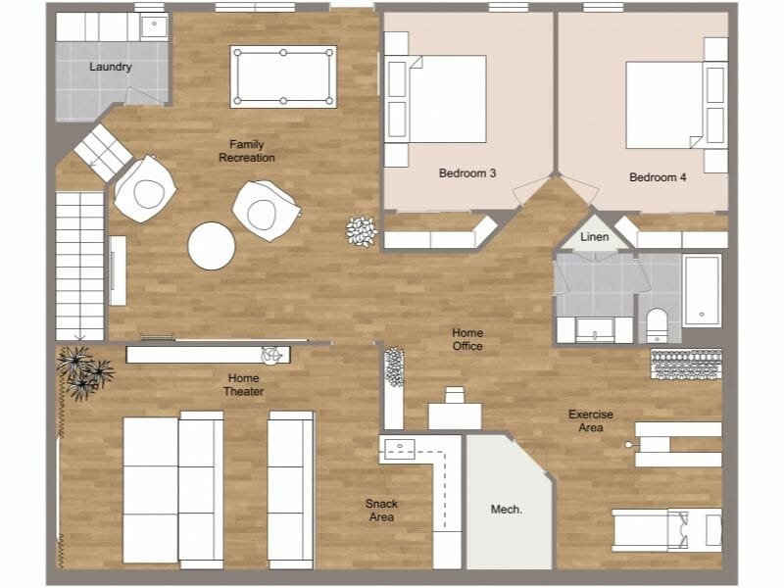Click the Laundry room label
pyautogui.click(x=110, y=67)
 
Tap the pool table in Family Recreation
pyautogui.click(x=282, y=76)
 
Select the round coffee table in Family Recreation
pyautogui.click(x=212, y=246)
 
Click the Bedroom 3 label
pyautogui.click(x=466, y=173)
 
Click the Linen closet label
pyautogui.click(x=594, y=237)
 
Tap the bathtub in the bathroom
pyautogui.click(x=702, y=289)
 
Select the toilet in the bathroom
pyautogui.click(x=657, y=324)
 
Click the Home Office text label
pyautogui.click(x=467, y=339)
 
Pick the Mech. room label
pyautogui.click(x=506, y=510)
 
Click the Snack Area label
pyautogui.click(x=381, y=510)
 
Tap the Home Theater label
pyautogui.click(x=244, y=385)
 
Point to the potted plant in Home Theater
pyautogui.click(x=84, y=371)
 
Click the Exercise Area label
pyautogui.click(x=591, y=420)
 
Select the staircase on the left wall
pyautogui.click(x=79, y=266)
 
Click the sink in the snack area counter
pyautogui.click(x=400, y=450)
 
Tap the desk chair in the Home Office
pyautogui.click(x=454, y=395)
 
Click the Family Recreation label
pyautogui.click(x=246, y=151)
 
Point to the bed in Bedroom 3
pyautogui.click(x=447, y=99)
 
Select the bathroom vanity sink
pyautogui.click(x=595, y=328)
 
